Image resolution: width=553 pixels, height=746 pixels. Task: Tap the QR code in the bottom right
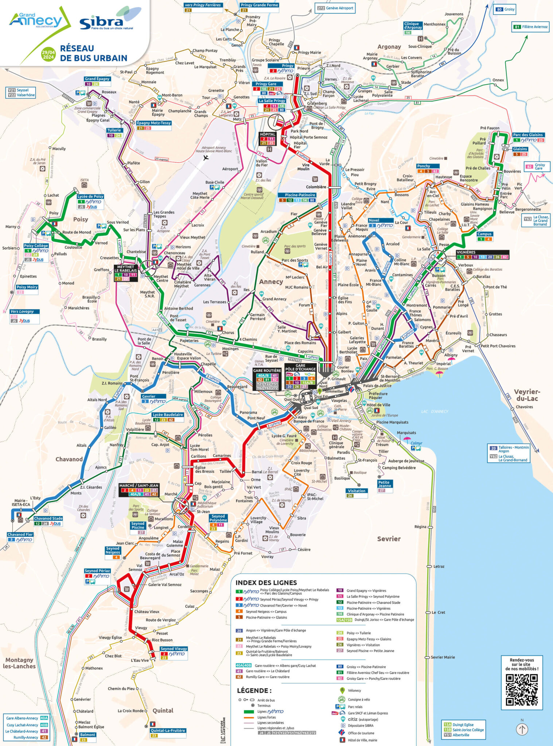point(521,690)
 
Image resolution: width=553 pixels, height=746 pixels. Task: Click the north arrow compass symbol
point(522,729)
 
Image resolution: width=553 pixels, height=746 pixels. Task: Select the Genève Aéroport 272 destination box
point(335,8)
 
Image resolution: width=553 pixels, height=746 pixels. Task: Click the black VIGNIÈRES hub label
point(466,252)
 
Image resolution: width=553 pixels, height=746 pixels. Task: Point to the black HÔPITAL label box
point(268,134)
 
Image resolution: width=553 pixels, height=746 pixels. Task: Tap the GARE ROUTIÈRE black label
point(267,370)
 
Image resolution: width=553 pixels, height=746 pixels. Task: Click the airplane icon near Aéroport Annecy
point(206,158)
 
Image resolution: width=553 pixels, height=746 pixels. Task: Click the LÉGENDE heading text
point(254,690)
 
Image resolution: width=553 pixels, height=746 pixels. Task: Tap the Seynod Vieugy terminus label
point(174,649)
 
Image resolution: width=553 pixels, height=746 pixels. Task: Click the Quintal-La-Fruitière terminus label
point(168,730)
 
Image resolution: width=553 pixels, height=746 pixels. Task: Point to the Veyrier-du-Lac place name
point(527,395)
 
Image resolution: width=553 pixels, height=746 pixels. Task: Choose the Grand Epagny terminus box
point(97,79)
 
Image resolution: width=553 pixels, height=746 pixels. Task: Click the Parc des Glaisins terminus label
point(528,135)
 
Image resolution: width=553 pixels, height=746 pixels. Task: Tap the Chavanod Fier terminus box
point(20,534)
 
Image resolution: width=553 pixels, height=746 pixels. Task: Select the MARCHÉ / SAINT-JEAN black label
point(139,486)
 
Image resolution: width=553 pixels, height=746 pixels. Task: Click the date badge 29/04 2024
point(48,55)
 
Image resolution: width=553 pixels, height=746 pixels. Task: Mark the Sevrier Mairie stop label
point(443,657)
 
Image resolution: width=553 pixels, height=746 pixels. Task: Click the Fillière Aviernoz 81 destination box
point(531,27)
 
